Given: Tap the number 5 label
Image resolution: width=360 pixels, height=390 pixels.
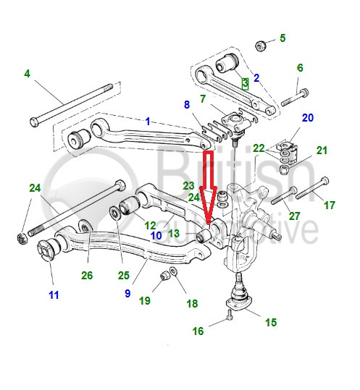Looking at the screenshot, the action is click(282, 38).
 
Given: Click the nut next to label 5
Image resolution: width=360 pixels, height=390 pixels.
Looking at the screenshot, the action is click(261, 46).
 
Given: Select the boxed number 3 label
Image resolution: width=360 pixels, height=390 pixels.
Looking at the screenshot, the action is click(246, 83).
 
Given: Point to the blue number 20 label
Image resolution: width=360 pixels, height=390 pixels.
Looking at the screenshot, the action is click(308, 118).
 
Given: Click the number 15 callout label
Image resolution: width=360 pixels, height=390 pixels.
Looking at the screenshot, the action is click(271, 323).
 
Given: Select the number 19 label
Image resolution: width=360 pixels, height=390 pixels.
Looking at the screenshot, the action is click(145, 301).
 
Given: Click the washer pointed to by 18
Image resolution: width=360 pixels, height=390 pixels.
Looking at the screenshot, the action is click(174, 271).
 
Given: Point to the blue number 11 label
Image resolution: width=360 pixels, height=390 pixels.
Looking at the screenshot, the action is click(54, 295).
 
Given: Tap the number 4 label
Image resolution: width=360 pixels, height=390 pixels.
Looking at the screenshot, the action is click(27, 74).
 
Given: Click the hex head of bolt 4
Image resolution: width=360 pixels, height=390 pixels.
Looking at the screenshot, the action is click(34, 122).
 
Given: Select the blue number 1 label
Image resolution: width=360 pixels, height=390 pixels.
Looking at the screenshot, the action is click(148, 122).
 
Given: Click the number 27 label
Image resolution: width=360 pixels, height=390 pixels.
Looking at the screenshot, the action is click(294, 216).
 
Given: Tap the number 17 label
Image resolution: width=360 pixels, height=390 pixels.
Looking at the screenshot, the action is click(329, 205).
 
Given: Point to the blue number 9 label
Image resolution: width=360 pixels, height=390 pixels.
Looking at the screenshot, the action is click(127, 293).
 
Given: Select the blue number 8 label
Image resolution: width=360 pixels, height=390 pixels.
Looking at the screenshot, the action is click(187, 104).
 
